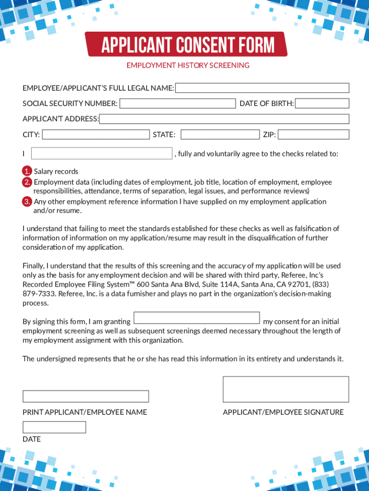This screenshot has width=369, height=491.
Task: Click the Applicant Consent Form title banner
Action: pos(186,45)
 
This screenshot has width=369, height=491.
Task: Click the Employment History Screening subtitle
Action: pos(188,65)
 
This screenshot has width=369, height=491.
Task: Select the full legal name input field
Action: pos(263,88)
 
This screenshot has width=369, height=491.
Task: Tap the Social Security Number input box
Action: pos(178,104)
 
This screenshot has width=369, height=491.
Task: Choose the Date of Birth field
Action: pos(322,104)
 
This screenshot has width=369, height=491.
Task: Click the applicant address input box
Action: pos(224,119)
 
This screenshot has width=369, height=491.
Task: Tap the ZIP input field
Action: pos(313,134)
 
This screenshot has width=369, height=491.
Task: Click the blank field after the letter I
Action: pos(102,153)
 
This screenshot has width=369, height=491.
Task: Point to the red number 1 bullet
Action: pos(27,171)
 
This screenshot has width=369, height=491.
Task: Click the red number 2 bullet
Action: pos(27,182)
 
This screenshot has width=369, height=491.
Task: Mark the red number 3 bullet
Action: pos(27,201)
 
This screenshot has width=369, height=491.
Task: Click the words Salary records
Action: pos(56,172)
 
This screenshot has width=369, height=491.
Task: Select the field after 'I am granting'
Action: pos(196,318)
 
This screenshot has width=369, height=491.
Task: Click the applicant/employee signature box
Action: pos(286,389)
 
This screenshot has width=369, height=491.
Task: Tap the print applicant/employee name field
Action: pos(86,396)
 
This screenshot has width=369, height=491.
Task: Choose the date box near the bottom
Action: pos(54,427)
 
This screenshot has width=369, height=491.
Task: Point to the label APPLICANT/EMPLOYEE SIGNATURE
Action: pos(283,412)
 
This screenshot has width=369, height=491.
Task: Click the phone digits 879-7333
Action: pos(36,294)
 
